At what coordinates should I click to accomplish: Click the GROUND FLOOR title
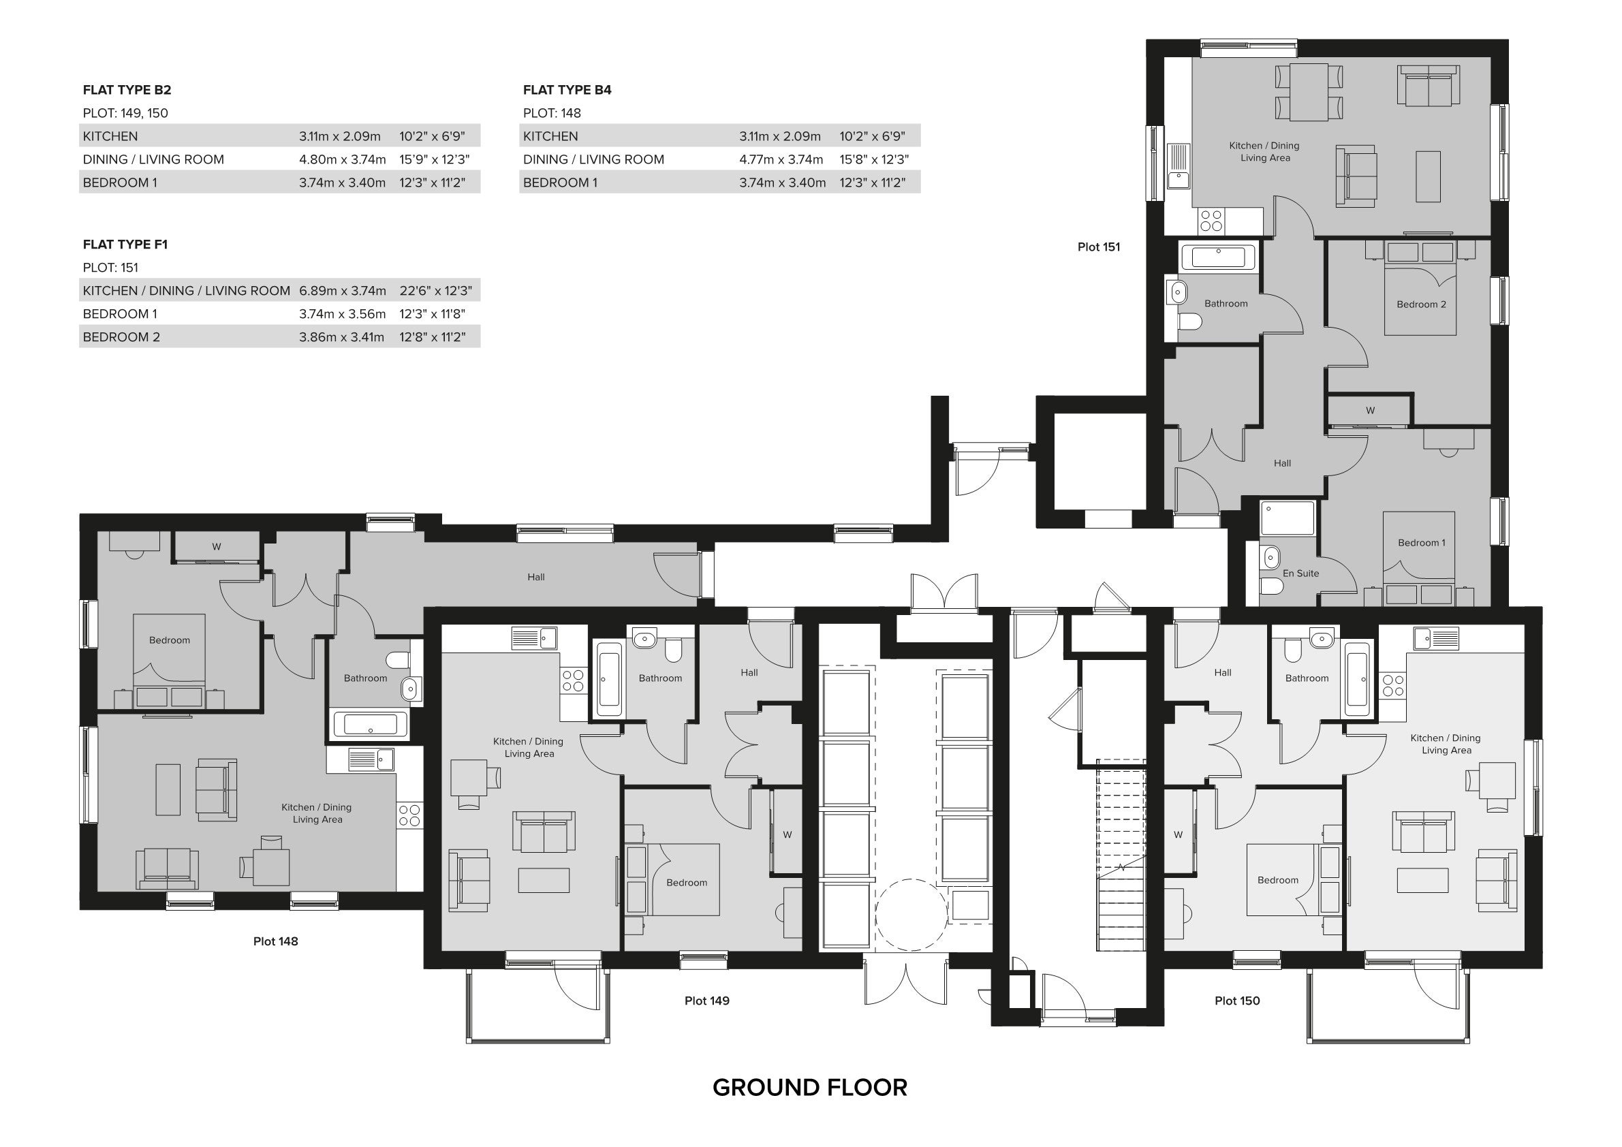tap(809, 1088)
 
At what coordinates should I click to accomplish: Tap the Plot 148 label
tap(275, 941)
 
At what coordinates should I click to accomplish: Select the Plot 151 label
tap(1099, 247)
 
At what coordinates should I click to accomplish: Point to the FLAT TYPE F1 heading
tap(125, 245)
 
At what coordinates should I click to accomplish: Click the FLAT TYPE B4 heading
tap(567, 90)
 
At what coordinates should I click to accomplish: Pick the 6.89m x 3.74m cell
tap(342, 290)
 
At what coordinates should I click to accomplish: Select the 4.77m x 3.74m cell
tap(781, 159)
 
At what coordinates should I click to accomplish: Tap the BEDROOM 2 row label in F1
tap(121, 337)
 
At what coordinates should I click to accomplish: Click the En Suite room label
tap(1300, 573)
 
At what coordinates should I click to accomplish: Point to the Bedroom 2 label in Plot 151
tap(1420, 304)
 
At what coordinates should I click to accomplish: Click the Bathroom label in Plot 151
tap(1226, 303)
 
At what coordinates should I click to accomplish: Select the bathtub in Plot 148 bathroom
tap(369, 725)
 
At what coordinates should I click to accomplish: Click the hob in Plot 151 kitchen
tap(1211, 221)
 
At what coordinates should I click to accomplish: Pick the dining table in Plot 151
tap(1309, 92)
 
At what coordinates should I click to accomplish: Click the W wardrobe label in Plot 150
tap(1178, 834)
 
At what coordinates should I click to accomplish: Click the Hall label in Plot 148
tap(535, 577)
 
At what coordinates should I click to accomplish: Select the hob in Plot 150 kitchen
tap(1392, 685)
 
